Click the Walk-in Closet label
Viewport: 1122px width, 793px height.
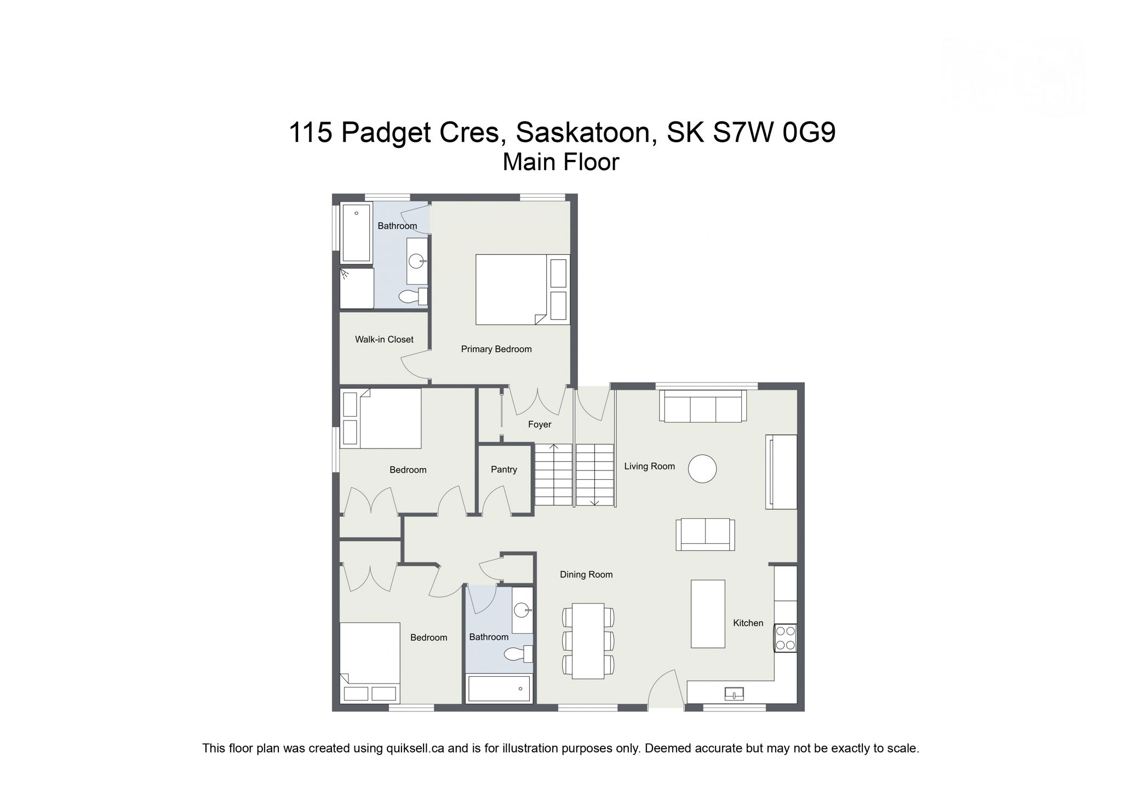(x=384, y=340)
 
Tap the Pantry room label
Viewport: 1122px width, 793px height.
(x=503, y=469)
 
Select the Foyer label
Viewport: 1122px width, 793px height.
(x=539, y=424)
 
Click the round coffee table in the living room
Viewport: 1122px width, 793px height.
(x=702, y=469)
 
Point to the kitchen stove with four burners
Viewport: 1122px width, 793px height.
(x=785, y=638)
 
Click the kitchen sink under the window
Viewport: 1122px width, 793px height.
(x=734, y=694)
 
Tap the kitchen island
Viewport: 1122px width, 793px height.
(x=707, y=614)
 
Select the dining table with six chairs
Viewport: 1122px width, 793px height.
(x=588, y=641)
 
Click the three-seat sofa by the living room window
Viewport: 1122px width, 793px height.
(x=703, y=407)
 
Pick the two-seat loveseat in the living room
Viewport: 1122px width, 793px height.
(x=705, y=535)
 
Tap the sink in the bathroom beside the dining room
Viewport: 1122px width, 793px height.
(x=522, y=609)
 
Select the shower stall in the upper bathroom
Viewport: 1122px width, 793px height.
(x=356, y=288)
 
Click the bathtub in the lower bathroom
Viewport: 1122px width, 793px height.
(x=499, y=688)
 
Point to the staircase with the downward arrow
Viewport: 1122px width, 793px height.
(x=594, y=474)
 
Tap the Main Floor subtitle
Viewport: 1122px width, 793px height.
(x=560, y=162)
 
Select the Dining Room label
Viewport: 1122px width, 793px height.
(x=586, y=574)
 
